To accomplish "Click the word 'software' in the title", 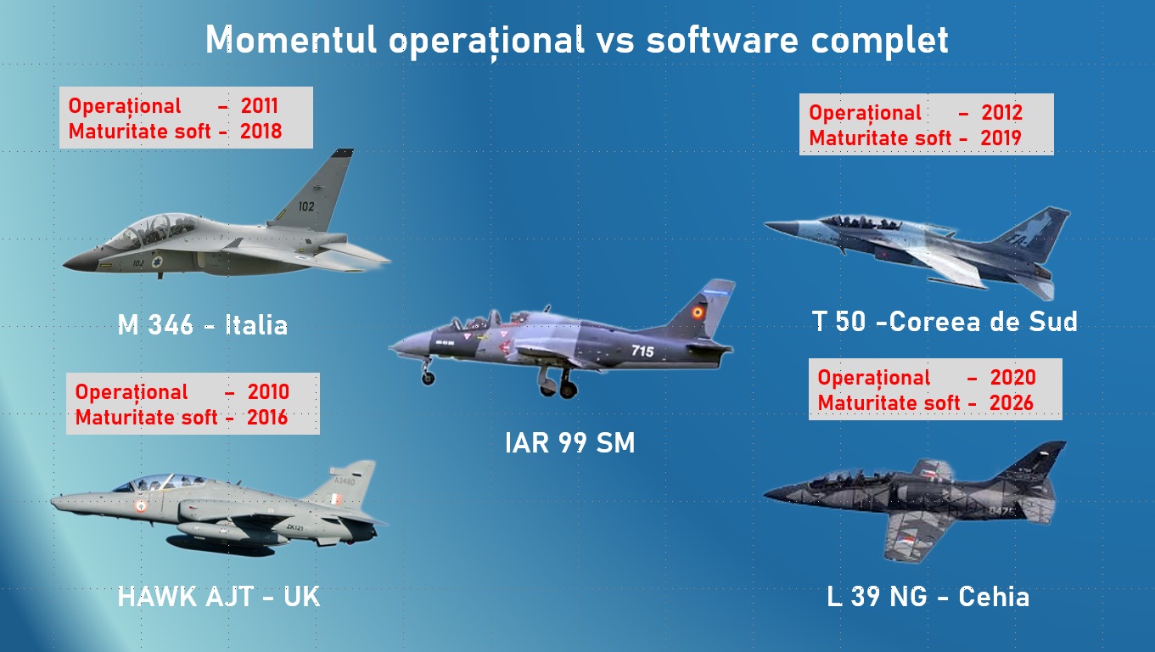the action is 722,40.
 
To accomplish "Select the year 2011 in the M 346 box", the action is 260,106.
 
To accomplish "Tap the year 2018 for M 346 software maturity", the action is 261,131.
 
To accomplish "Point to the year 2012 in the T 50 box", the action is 1001,112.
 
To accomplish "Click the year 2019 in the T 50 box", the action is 1001,138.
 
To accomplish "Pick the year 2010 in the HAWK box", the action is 268,392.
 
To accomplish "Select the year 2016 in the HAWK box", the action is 267,418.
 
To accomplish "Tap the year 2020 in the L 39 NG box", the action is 1012,378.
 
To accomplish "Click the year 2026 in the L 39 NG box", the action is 1011,403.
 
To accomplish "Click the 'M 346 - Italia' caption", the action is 203,325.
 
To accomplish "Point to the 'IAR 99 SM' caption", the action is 569,442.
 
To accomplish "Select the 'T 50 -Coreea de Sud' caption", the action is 945,322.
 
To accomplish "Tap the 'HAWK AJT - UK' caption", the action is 219,597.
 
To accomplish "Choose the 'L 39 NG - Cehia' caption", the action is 928,597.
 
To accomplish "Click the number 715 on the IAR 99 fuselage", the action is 642,351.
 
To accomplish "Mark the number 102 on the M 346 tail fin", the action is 306,206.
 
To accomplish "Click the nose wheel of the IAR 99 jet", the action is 428,379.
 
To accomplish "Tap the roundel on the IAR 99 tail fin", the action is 698,312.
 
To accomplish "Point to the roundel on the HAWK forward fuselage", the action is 141,505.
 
